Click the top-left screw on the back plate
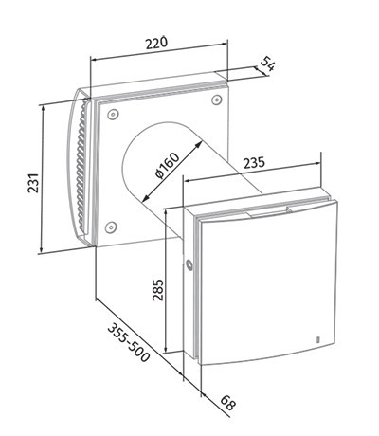(113, 115)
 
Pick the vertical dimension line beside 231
(44, 179)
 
